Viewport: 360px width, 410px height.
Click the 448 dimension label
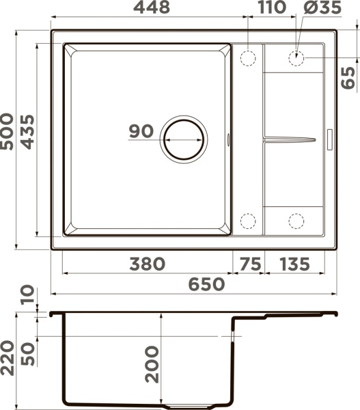[152, 7]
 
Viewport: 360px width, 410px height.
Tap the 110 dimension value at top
[272, 7]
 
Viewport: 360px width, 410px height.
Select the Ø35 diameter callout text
[322, 7]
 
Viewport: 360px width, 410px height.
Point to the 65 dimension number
[348, 78]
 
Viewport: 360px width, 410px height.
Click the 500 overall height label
[6, 131]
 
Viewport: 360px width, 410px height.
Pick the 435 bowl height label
[28, 132]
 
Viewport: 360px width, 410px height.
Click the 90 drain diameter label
[141, 131]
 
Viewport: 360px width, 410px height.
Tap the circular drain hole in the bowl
[184, 139]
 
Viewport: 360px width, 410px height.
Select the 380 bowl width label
[148, 264]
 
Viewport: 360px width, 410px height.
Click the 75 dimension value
[250, 264]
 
